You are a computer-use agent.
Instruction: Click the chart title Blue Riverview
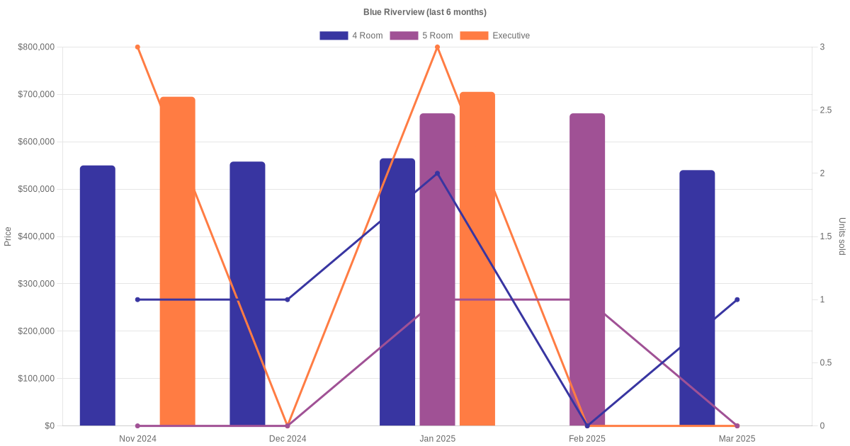pos(424,12)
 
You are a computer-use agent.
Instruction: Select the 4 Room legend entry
pos(351,35)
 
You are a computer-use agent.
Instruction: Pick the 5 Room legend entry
pos(421,35)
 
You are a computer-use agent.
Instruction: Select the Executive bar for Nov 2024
pos(178,261)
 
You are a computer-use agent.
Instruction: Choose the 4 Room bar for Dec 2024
pos(247,294)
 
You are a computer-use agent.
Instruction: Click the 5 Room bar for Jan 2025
pos(437,269)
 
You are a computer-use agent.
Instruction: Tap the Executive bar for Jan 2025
pos(477,258)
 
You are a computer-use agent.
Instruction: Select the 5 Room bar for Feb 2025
pos(587,269)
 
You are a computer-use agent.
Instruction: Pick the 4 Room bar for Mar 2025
pos(697,297)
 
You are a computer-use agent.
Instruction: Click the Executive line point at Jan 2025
pos(437,47)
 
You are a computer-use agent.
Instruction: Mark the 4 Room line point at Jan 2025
pos(437,173)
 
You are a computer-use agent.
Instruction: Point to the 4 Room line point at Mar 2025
pos(737,299)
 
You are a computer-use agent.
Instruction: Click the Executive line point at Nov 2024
pos(137,47)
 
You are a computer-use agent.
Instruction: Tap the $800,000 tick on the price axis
pos(36,47)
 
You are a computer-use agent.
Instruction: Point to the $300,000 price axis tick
pos(36,284)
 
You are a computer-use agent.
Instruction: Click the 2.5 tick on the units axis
pos(826,110)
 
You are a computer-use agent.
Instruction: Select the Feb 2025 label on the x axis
pos(587,439)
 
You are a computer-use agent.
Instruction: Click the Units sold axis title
pos(841,236)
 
